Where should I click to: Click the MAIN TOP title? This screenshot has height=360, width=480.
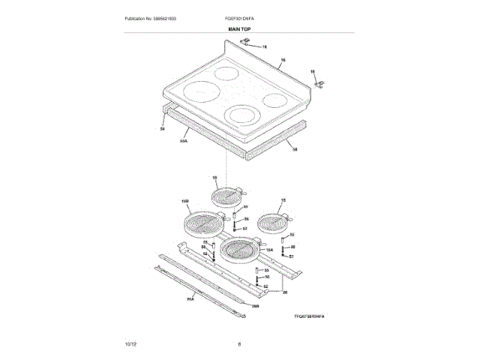click(239, 28)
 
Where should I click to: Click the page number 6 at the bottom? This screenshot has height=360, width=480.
click(239, 343)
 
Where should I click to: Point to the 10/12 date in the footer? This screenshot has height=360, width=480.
click(131, 343)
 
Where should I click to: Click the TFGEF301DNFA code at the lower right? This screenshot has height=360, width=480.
click(313, 317)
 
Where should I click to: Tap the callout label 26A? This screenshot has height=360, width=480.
click(190, 299)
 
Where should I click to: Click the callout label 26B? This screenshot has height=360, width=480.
click(255, 306)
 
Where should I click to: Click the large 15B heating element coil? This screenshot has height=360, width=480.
click(200, 224)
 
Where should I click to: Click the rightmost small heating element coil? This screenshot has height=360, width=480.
click(271, 222)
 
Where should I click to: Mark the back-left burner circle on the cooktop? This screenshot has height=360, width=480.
click(225, 74)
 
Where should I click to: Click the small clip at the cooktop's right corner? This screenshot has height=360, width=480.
click(321, 83)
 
